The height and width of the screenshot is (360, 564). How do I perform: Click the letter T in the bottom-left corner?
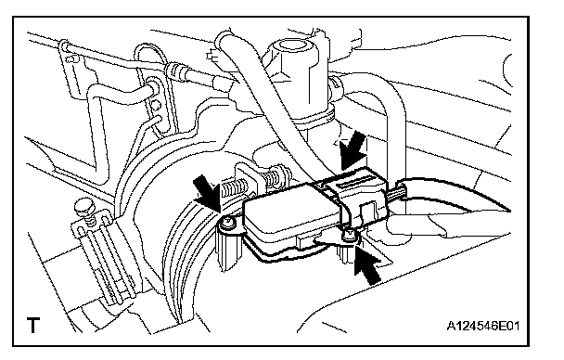(33, 325)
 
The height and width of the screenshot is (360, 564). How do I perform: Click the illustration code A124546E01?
(482, 326)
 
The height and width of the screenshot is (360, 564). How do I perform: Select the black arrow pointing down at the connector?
(353, 149)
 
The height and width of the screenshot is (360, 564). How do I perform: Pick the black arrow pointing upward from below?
(367, 264)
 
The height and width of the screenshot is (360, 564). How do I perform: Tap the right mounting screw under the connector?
(349, 235)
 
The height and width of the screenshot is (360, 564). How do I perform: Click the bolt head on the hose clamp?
(82, 208)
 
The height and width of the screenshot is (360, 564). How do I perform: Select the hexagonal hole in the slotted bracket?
(156, 104)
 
